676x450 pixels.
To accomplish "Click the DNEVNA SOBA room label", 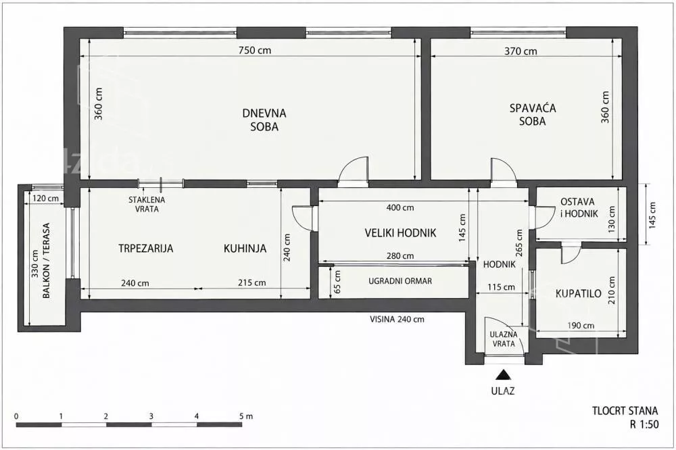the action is pos(264,120).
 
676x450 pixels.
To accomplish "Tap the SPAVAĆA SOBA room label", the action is pos(533,114).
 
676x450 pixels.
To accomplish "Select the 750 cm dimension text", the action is pos(256,50).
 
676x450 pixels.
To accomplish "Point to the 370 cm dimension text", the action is pos(521,51).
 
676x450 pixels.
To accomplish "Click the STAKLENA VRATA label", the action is pos(147,204).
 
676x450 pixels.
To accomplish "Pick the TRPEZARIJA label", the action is pos(146,248).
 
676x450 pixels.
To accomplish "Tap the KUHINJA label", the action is pos(245,248).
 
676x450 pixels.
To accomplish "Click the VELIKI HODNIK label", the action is pos(400,233).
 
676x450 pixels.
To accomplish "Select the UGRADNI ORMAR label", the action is pos(400,281).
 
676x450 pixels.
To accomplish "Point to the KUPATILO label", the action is pos(578,294).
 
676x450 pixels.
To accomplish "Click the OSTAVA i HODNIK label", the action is pos(579,207).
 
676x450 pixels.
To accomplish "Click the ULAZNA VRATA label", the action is pos(504,339).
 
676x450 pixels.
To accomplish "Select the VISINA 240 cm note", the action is pos(397,320).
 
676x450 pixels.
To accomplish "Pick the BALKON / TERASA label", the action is pos(47,260).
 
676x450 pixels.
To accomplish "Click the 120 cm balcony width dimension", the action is pos(46,199).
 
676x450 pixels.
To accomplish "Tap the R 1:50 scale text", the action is pos(644,424).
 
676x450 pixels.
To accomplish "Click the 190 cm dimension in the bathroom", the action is pos(580,326).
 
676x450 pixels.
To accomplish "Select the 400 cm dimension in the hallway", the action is pos(400,207).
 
